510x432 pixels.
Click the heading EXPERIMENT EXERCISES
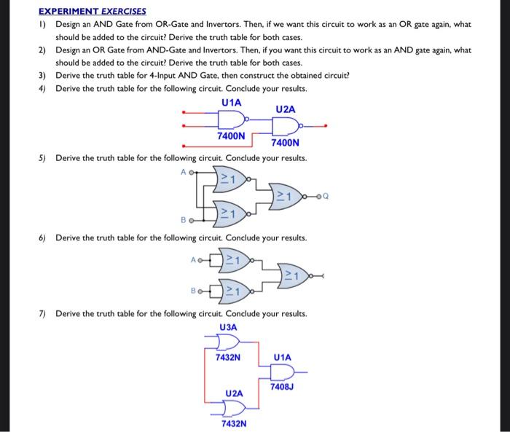92,11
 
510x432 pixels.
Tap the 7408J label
280,386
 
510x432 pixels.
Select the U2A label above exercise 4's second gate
286,109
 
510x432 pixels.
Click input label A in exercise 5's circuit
184,172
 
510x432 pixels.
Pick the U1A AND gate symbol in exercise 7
281,372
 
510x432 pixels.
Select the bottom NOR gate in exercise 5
232,213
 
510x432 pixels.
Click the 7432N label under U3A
228,358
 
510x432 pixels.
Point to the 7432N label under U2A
234,423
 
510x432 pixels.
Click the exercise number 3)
42,75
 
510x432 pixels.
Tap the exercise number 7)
42,313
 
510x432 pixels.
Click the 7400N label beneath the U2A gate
285,143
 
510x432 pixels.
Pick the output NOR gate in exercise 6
297,275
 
